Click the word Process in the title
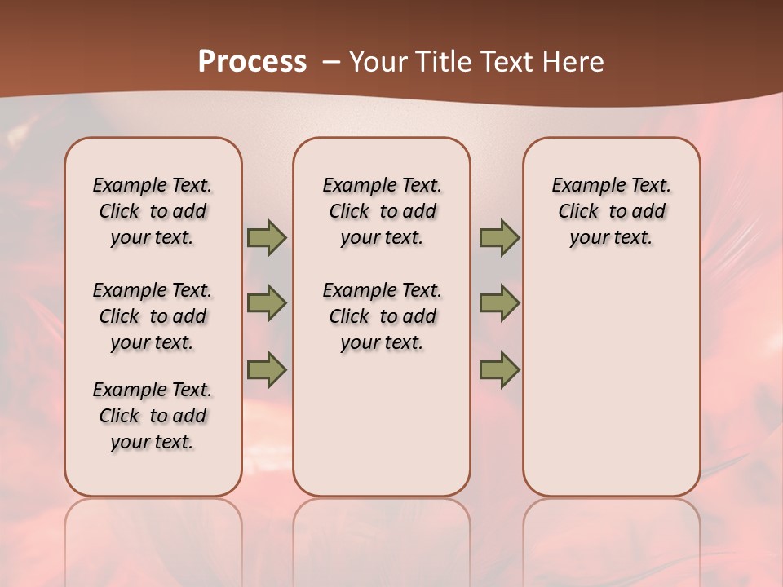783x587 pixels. pos(252,62)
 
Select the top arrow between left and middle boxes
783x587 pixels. pos(267,238)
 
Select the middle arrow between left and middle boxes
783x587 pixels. pos(267,303)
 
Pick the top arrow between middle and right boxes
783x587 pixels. pos(499,238)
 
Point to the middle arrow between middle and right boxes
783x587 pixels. pos(499,303)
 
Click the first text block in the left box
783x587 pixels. pos(153,211)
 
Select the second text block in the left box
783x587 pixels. pos(153,316)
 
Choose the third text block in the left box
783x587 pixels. pos(153,416)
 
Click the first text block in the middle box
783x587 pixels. pos(382,211)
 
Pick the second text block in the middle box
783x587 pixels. pos(382,316)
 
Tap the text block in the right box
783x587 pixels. pos(611,211)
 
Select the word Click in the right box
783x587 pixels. pos(578,212)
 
